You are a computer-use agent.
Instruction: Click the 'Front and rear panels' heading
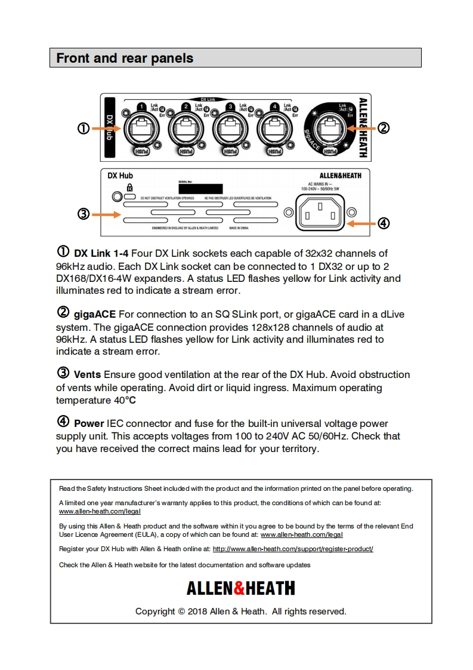pyautogui.click(x=125, y=59)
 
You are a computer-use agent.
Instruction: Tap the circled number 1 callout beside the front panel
pyautogui.click(x=84, y=128)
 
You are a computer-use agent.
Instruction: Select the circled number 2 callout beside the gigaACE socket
pyautogui.click(x=384, y=128)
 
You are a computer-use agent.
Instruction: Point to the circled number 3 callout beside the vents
pyautogui.click(x=84, y=214)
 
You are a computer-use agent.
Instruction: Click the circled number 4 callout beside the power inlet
pyautogui.click(x=384, y=223)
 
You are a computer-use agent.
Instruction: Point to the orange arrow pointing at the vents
pyautogui.click(x=107, y=214)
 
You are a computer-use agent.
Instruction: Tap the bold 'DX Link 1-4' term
pyautogui.click(x=101, y=253)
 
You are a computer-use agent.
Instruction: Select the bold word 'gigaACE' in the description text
pyautogui.click(x=95, y=314)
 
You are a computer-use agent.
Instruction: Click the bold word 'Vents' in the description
pyautogui.click(x=87, y=375)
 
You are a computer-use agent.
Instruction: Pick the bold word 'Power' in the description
pyautogui.click(x=89, y=423)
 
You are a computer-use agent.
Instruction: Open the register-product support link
pyautogui.click(x=293, y=549)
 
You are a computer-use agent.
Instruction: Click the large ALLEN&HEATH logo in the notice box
pyautogui.click(x=240, y=589)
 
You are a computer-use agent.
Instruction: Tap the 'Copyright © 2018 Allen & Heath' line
pyautogui.click(x=240, y=611)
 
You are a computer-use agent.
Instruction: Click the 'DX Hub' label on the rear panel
pyautogui.click(x=120, y=176)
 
